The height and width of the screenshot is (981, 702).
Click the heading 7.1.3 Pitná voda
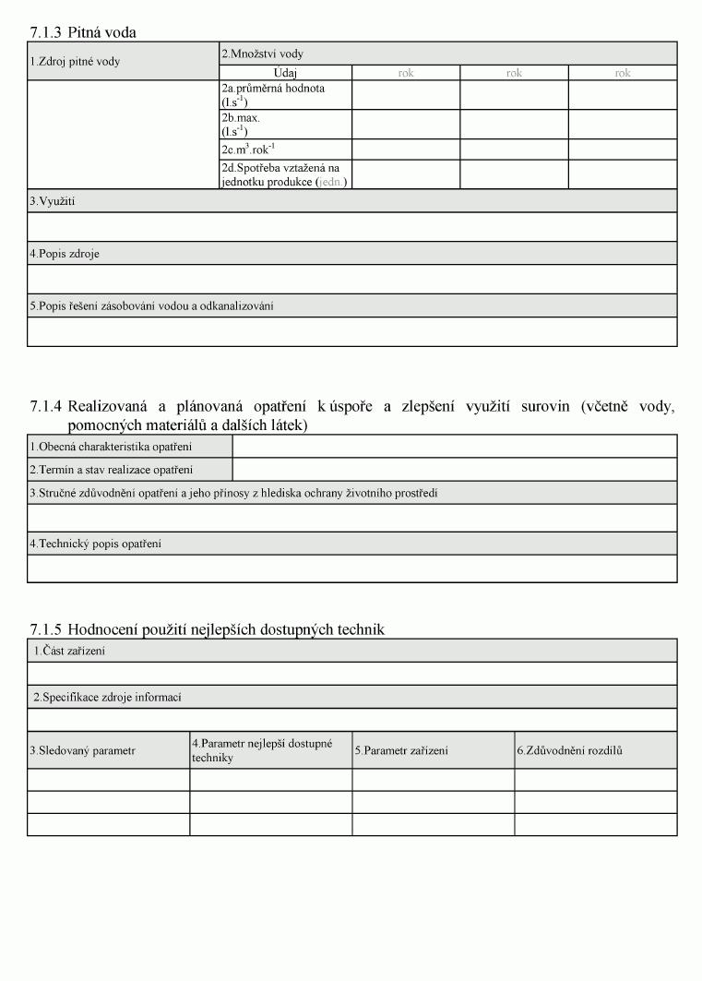click(x=83, y=32)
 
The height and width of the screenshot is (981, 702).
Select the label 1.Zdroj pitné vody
click(x=74, y=62)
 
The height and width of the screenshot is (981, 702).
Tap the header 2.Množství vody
click(x=262, y=54)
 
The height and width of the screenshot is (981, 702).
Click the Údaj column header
click(x=285, y=73)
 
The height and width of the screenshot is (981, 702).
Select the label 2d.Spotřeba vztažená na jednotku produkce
click(x=280, y=174)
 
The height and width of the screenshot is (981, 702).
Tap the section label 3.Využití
click(x=52, y=201)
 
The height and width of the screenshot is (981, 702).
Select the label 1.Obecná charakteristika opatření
click(x=111, y=448)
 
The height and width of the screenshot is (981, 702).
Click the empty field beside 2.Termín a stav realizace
click(x=454, y=470)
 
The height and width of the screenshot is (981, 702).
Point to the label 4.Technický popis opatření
click(x=95, y=544)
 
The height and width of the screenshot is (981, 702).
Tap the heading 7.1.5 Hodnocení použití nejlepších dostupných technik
click(x=207, y=629)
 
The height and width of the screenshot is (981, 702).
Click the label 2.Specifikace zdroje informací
click(x=107, y=697)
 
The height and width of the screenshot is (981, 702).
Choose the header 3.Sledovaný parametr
click(x=82, y=750)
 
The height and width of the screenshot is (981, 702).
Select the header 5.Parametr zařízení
click(x=401, y=750)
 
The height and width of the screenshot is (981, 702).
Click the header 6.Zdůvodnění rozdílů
click(x=569, y=750)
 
